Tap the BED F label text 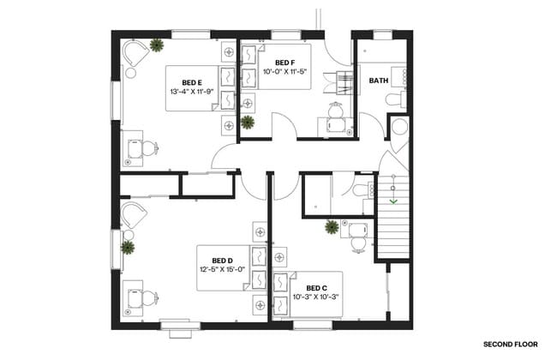(x=285, y=63)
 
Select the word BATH (x=378, y=81)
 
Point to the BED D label (x=223, y=261)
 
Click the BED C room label (x=316, y=287)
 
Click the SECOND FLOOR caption (x=509, y=344)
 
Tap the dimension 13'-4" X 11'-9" (x=191, y=91)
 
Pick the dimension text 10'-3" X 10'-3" (x=316, y=297)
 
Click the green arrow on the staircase (x=393, y=201)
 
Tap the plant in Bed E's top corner (x=157, y=45)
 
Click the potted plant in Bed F (x=248, y=122)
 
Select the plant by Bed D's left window (x=128, y=248)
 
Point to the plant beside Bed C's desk (x=331, y=226)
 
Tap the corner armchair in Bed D (x=134, y=214)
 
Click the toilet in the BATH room (x=393, y=100)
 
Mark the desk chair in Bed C (x=358, y=243)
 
